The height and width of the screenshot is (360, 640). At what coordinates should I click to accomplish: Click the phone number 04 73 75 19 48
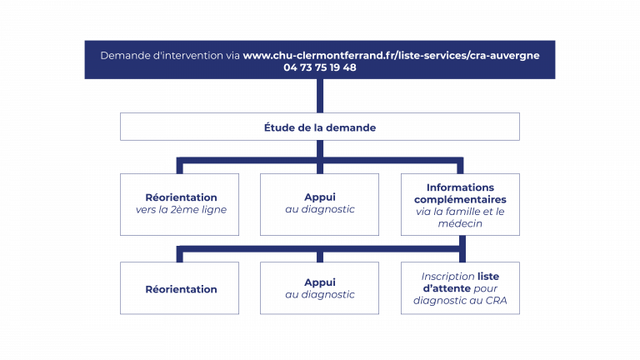[320, 67]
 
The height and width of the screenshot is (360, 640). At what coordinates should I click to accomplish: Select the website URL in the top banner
[391, 56]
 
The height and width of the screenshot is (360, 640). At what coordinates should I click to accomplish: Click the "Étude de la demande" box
[320, 127]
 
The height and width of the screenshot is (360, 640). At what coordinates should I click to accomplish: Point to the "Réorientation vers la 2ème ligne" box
[180, 204]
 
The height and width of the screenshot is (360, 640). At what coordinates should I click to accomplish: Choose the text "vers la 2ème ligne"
[181, 210]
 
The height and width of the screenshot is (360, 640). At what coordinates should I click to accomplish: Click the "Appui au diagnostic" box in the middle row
[320, 204]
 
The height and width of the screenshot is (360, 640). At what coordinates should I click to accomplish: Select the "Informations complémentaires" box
[460, 204]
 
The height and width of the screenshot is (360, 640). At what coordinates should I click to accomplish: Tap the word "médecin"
[460, 223]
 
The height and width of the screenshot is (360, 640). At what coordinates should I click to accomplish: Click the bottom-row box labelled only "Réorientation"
[180, 288]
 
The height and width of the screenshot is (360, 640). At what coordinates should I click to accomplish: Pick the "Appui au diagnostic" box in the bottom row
[320, 288]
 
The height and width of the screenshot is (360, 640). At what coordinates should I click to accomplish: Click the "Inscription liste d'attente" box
[460, 288]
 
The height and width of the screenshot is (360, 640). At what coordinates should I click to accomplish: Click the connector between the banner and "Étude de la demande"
[320, 96]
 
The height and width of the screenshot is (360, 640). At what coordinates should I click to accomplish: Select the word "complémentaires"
[460, 200]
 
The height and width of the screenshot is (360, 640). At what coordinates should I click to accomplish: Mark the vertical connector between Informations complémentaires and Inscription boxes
[462, 248]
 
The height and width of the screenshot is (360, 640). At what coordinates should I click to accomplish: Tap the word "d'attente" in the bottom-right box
[447, 288]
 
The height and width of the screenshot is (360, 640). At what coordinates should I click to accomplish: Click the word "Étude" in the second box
[280, 127]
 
